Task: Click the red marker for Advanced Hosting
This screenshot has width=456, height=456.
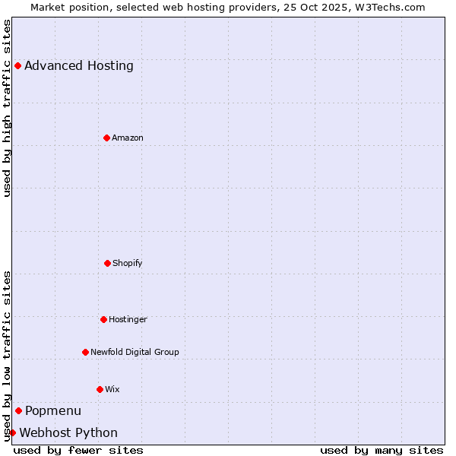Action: point(17,65)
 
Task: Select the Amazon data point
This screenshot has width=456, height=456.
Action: point(106,138)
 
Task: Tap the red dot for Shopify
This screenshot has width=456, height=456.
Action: point(107,263)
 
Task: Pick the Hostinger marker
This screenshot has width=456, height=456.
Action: point(103,319)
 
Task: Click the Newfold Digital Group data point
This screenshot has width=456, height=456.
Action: point(85,352)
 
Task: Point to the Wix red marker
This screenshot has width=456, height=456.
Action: point(100,389)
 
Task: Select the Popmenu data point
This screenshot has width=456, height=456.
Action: point(18,410)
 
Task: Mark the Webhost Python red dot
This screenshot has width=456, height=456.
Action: point(12,432)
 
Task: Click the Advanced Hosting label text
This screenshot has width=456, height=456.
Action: point(79,65)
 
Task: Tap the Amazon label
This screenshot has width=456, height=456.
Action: point(128,138)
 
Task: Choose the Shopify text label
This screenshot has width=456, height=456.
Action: point(128,263)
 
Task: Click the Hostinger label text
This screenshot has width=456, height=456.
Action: point(128,319)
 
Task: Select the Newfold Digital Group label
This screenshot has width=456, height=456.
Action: point(135,352)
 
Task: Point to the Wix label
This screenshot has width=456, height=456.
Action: point(112,389)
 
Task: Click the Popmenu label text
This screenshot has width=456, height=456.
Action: point(53,410)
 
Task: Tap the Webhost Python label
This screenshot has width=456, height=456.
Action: point(68,432)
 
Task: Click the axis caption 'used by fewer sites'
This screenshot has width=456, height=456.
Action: point(78,450)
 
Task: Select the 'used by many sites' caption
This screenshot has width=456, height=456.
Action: point(382,450)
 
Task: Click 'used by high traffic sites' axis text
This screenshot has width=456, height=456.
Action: point(7,108)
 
